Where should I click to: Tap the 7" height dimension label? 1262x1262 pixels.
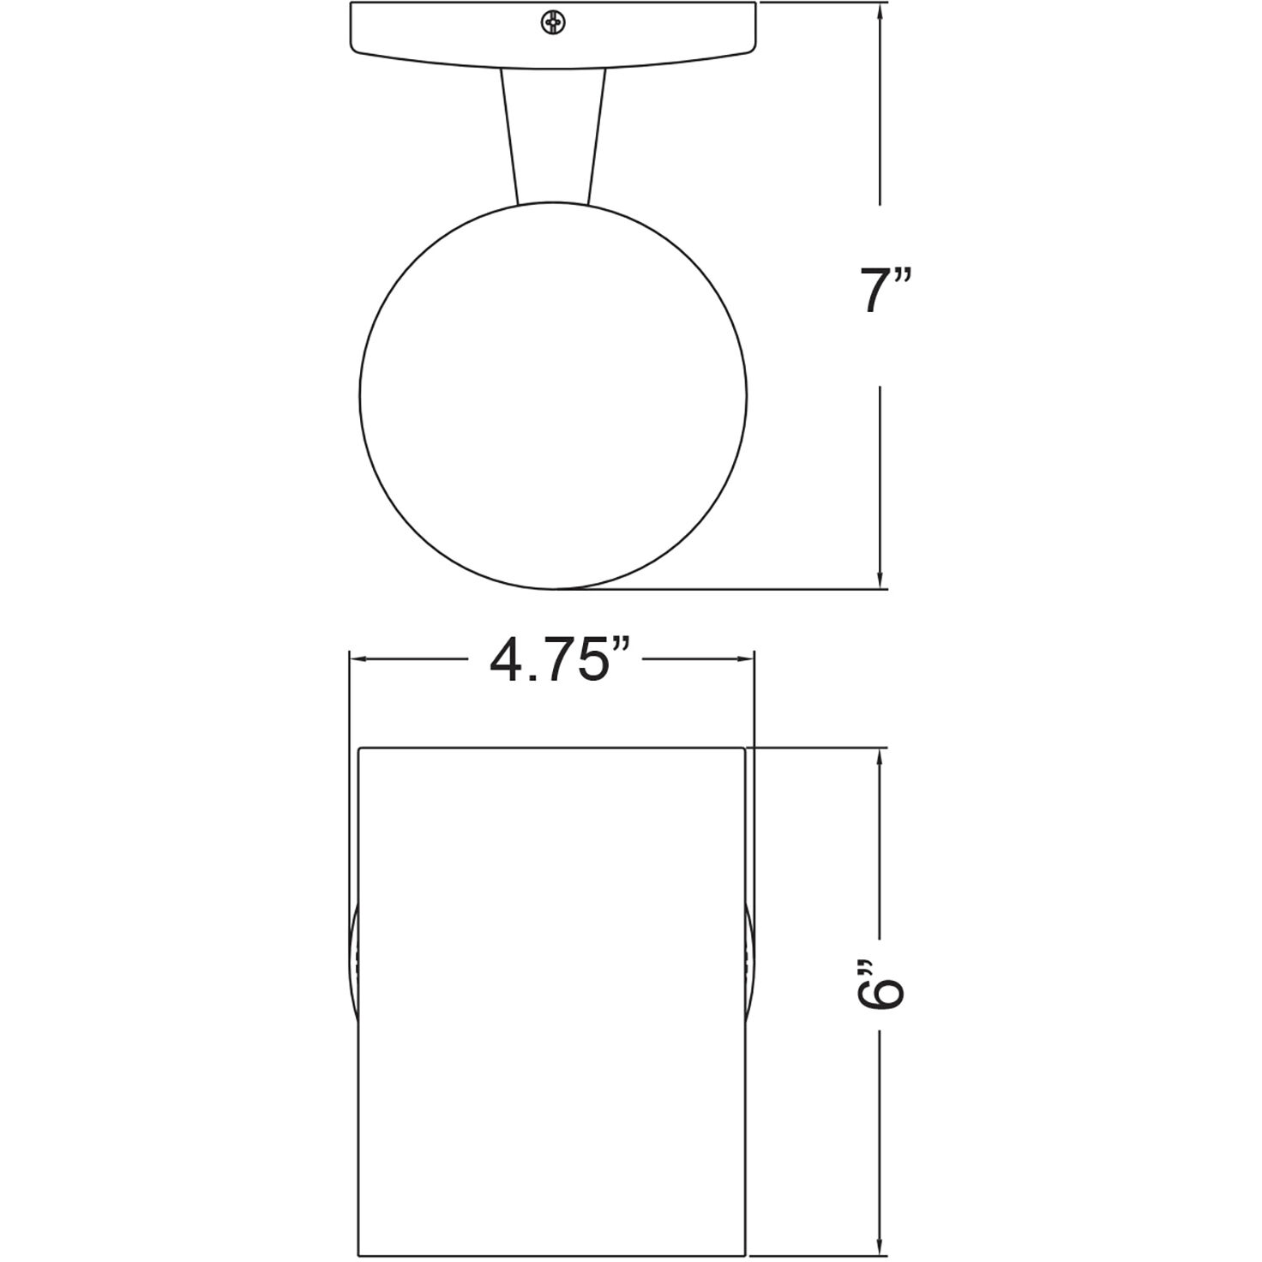point(886,291)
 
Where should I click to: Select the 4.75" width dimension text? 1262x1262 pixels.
point(561,660)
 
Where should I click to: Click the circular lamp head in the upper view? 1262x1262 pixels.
point(553,395)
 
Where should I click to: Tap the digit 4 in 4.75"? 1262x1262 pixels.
point(506,660)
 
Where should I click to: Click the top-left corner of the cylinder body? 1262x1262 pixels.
point(358,748)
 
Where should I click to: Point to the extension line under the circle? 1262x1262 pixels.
point(729,589)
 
